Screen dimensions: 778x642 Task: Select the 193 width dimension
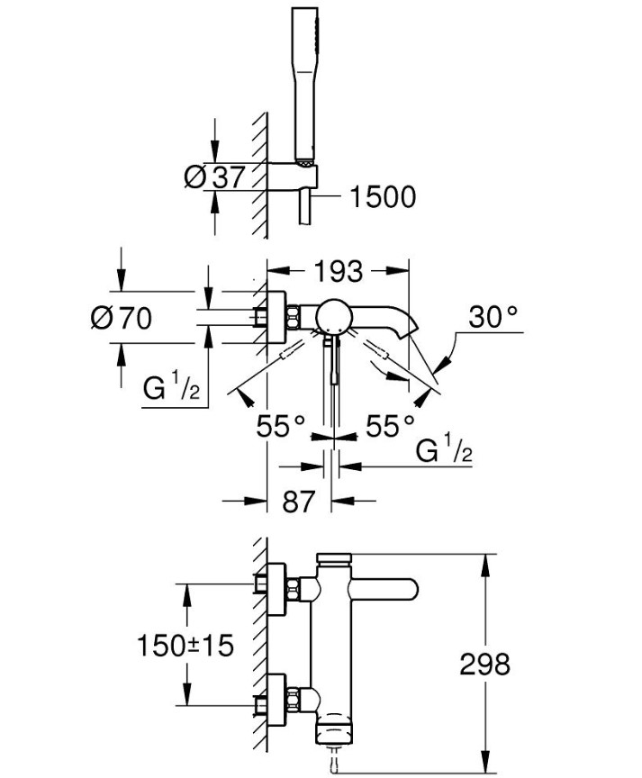pos(339,270)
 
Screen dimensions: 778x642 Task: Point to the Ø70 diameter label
pos(122,317)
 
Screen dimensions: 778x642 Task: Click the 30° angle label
pos(493,317)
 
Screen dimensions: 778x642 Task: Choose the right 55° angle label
pos(390,426)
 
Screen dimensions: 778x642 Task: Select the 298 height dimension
pos(484,665)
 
